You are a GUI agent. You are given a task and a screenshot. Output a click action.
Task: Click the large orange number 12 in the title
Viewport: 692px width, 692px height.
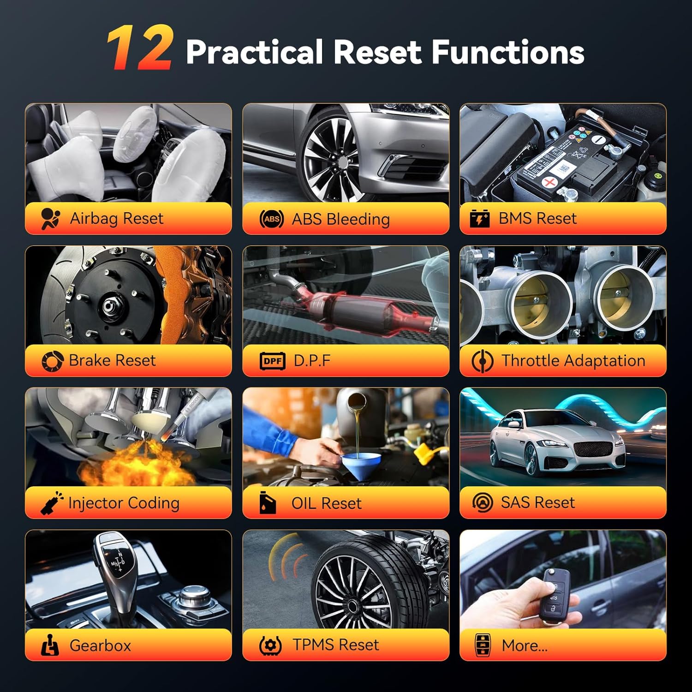pyautogui.click(x=140, y=48)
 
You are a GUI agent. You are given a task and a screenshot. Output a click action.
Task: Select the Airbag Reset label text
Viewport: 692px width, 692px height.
pyautogui.click(x=117, y=218)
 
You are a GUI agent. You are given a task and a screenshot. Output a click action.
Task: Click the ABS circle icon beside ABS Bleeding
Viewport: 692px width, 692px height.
pyautogui.click(x=271, y=219)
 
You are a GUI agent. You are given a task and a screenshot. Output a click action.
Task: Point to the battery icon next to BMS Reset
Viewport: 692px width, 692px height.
pyautogui.click(x=479, y=218)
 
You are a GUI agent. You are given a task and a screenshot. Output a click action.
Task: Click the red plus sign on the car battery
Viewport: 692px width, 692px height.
pyautogui.click(x=549, y=182)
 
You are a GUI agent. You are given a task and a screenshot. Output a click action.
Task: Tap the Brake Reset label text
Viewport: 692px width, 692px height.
pyautogui.click(x=112, y=360)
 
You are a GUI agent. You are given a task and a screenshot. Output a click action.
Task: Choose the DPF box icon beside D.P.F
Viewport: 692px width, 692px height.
pyautogui.click(x=273, y=361)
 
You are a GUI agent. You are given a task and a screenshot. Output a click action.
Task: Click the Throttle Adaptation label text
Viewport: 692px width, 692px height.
pyautogui.click(x=573, y=360)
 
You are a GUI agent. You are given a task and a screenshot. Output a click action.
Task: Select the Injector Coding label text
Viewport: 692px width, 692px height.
pyautogui.click(x=124, y=503)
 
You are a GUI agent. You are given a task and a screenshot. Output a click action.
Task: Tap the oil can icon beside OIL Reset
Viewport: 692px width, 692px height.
pyautogui.click(x=268, y=502)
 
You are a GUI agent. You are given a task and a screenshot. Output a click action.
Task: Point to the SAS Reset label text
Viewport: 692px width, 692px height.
pyautogui.click(x=538, y=502)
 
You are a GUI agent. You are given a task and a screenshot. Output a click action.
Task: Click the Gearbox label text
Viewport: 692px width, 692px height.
pyautogui.click(x=101, y=645)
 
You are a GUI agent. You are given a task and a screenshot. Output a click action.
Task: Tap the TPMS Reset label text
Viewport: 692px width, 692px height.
pyautogui.click(x=336, y=644)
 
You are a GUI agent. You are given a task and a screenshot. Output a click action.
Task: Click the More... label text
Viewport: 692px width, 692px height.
pyautogui.click(x=525, y=645)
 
